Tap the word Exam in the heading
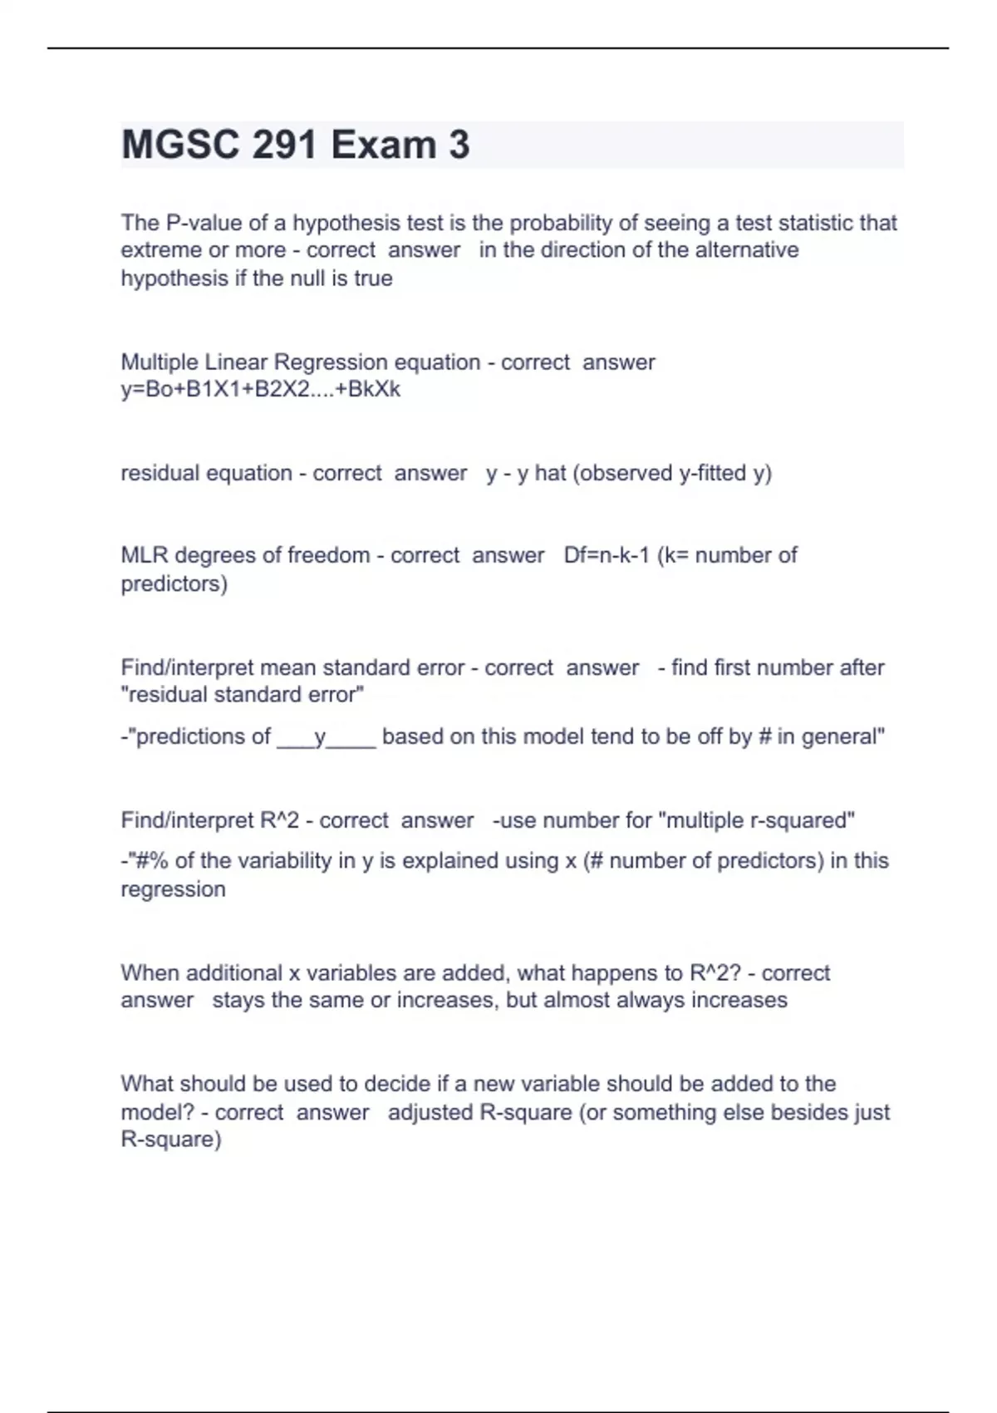383,145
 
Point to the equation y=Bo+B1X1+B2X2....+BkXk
260,389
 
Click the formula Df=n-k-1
607,555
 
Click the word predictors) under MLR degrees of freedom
174,583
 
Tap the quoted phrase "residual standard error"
243,695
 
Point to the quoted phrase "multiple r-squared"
756,820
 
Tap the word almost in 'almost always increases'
574,1000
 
